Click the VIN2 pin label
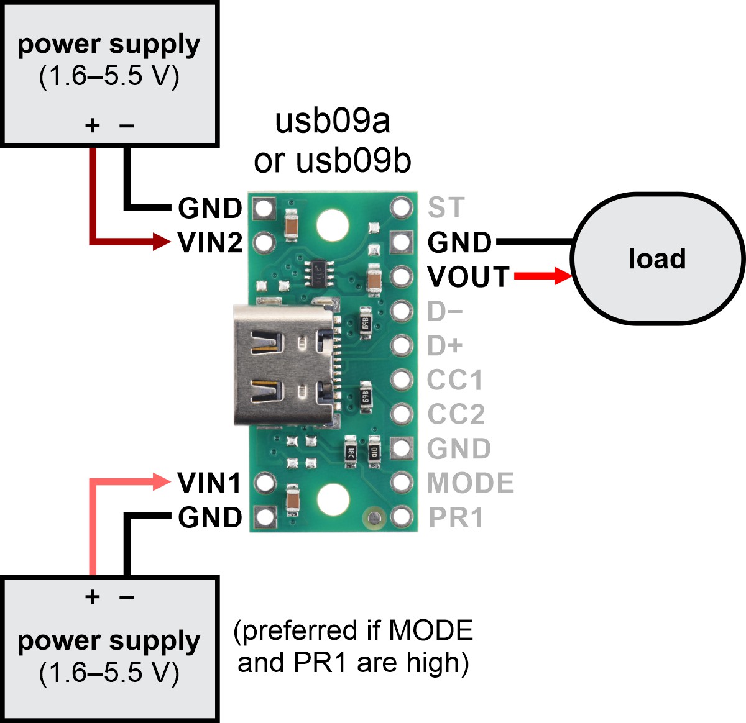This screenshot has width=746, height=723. pos(210,242)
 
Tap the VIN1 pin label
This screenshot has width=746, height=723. pos(209,483)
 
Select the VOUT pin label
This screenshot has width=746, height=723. pos(469,277)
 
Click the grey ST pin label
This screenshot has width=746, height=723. pos(446,207)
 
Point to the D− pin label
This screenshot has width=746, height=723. pos(444,312)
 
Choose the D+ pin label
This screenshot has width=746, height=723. pos(445,346)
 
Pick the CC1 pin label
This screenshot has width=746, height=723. pos(455,380)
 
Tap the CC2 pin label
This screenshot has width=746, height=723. pos(456,414)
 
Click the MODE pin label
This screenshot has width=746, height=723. pos(471,483)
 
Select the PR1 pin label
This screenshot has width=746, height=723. pos(456,517)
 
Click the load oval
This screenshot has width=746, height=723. pos(656,258)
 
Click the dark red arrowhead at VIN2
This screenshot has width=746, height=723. pos(162,242)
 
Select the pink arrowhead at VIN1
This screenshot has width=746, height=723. pos(162,481)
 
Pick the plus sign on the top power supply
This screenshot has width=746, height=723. pos(93,125)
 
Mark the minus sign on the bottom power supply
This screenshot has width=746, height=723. pos(127,598)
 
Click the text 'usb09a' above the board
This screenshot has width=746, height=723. pos(332,121)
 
